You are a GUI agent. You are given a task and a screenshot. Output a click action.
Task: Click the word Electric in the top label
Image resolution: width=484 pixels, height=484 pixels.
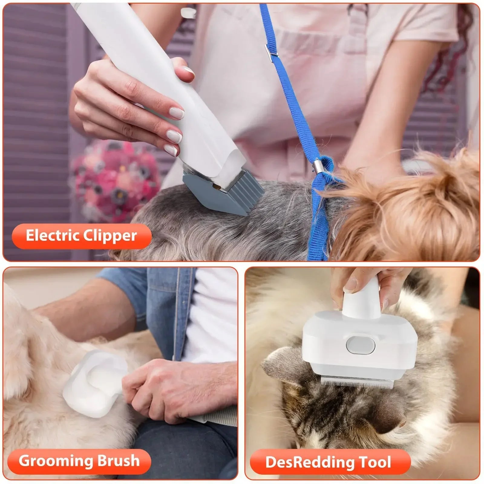tap(51, 236)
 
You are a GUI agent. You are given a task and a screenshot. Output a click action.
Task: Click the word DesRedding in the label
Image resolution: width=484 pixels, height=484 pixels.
tap(310, 462)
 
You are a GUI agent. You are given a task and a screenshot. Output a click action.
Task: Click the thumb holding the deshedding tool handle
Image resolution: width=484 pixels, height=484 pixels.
tap(351, 284)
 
